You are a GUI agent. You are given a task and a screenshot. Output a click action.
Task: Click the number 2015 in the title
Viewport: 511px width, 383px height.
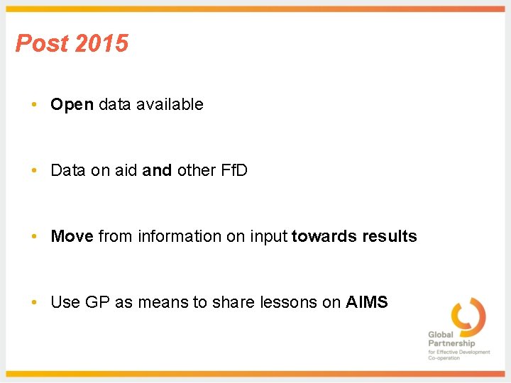101,43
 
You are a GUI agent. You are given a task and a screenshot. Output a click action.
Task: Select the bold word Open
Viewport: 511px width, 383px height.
72,105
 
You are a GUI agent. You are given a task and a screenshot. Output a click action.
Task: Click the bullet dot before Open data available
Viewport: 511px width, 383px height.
34,105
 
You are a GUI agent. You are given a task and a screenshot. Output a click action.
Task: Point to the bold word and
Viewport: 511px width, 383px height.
157,170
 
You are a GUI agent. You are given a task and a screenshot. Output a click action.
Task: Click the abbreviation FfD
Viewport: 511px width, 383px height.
231,170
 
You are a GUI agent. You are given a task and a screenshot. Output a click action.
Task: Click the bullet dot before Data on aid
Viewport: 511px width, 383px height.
34,171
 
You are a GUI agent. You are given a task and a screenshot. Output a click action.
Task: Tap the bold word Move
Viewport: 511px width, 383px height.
72,236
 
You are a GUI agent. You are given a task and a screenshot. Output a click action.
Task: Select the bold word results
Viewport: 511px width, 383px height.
389,236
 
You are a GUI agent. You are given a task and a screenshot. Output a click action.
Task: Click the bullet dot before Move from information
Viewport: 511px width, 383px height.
34,237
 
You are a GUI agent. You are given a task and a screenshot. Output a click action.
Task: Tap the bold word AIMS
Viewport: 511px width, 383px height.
367,302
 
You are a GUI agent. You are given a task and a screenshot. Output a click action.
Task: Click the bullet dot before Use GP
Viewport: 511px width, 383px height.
34,303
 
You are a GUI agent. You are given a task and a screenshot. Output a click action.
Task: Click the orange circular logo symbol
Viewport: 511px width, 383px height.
468,316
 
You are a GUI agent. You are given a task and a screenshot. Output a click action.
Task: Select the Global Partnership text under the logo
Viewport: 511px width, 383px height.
451,339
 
